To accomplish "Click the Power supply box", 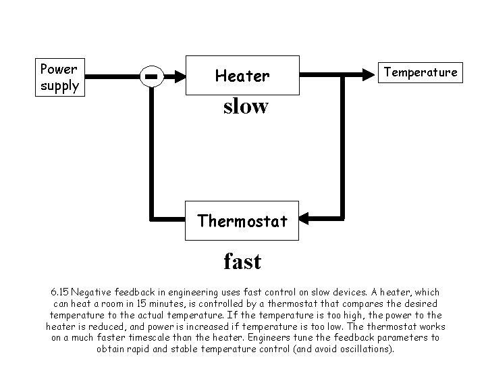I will coord(59,77).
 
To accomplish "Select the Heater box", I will coord(242,76).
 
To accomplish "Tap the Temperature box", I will coord(421,72).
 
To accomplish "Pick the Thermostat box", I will coord(242,220).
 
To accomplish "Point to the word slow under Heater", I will coord(246,106).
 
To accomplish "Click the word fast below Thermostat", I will coord(242,260).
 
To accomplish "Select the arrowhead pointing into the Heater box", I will coord(179,76).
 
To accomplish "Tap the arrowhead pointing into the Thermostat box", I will coord(304,218).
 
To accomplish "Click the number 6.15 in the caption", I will coord(59,292).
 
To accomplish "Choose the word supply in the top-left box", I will coord(59,86).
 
